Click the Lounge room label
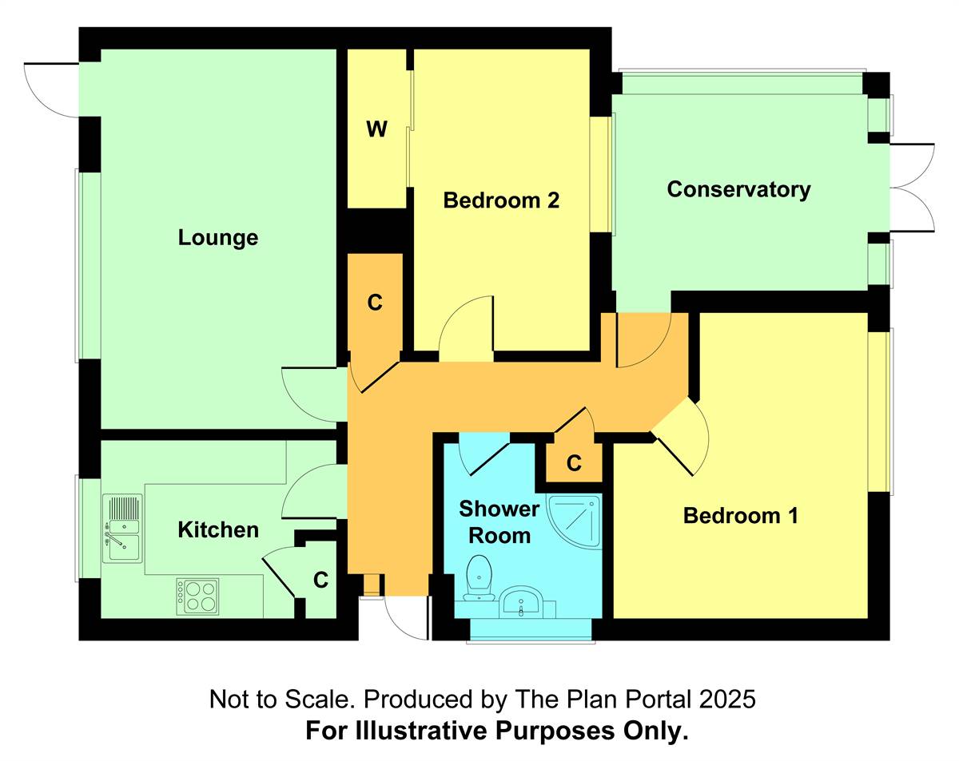(218, 238)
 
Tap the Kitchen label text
(218, 530)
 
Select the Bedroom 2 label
(501, 200)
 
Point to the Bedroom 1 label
(740, 516)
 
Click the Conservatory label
(738, 190)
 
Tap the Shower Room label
(499, 522)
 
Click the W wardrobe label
(376, 129)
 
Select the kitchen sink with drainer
(122, 529)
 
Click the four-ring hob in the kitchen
(197, 597)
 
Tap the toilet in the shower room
(479, 578)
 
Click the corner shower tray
(574, 521)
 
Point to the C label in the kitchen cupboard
(320, 581)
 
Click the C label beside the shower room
(574, 463)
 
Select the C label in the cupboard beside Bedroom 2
(375, 303)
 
